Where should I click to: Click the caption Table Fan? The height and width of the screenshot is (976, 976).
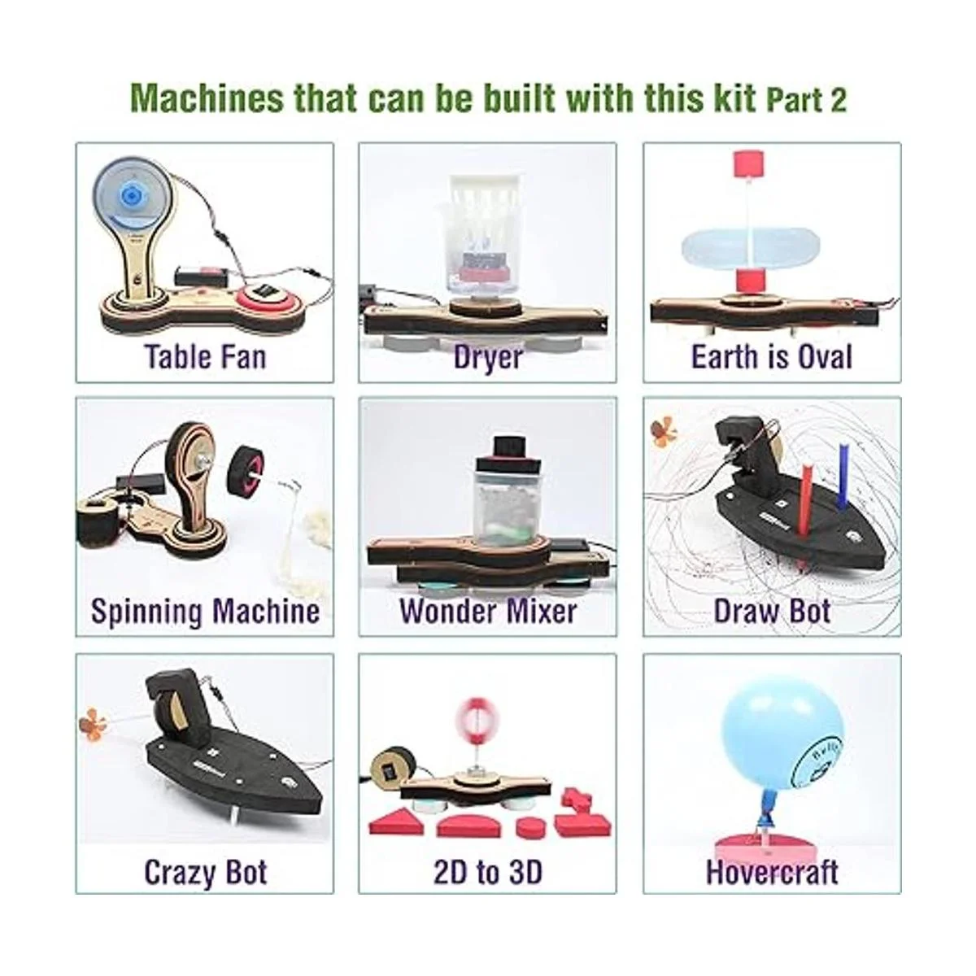205,356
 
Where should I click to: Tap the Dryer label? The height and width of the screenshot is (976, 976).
487,358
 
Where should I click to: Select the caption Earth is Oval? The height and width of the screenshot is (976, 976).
772,356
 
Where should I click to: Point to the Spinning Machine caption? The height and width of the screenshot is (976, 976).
205,612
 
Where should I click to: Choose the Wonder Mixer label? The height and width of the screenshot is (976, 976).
488,611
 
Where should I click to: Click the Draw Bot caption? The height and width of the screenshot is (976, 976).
772,611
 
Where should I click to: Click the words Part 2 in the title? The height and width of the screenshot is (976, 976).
806,100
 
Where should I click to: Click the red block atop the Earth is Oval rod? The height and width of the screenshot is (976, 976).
747,170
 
